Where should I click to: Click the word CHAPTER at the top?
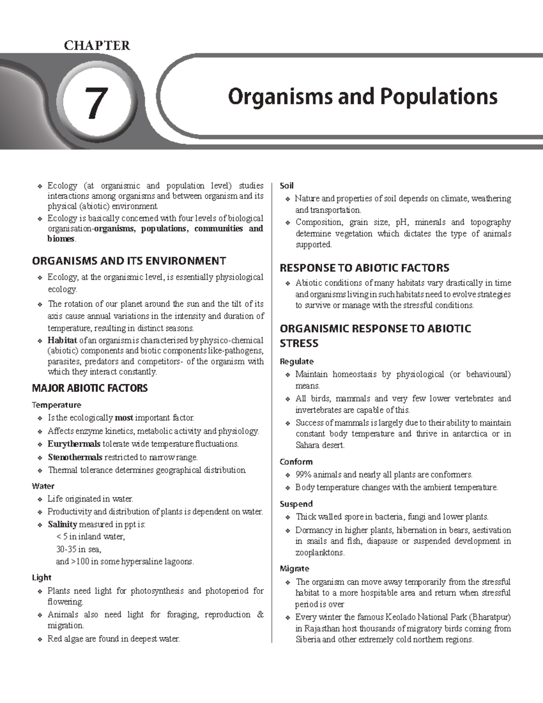[x=97, y=45]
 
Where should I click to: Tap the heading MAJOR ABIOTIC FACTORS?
[x=90, y=388]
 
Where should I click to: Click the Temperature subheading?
[x=56, y=405]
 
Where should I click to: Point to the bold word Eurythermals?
[x=74, y=444]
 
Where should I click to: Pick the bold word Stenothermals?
[x=75, y=457]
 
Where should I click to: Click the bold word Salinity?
[x=62, y=524]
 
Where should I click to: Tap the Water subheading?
[x=43, y=486]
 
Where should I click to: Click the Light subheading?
[x=42, y=577]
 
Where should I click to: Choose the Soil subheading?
[x=286, y=186]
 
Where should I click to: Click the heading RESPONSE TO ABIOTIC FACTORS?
[x=364, y=268]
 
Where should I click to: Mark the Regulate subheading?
[x=296, y=361]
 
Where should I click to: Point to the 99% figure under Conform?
[x=303, y=474]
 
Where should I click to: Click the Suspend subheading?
[x=296, y=504]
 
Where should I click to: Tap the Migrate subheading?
[x=294, y=569]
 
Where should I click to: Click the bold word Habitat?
[x=62, y=340]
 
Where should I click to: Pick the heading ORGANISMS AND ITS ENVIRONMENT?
[x=129, y=261]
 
